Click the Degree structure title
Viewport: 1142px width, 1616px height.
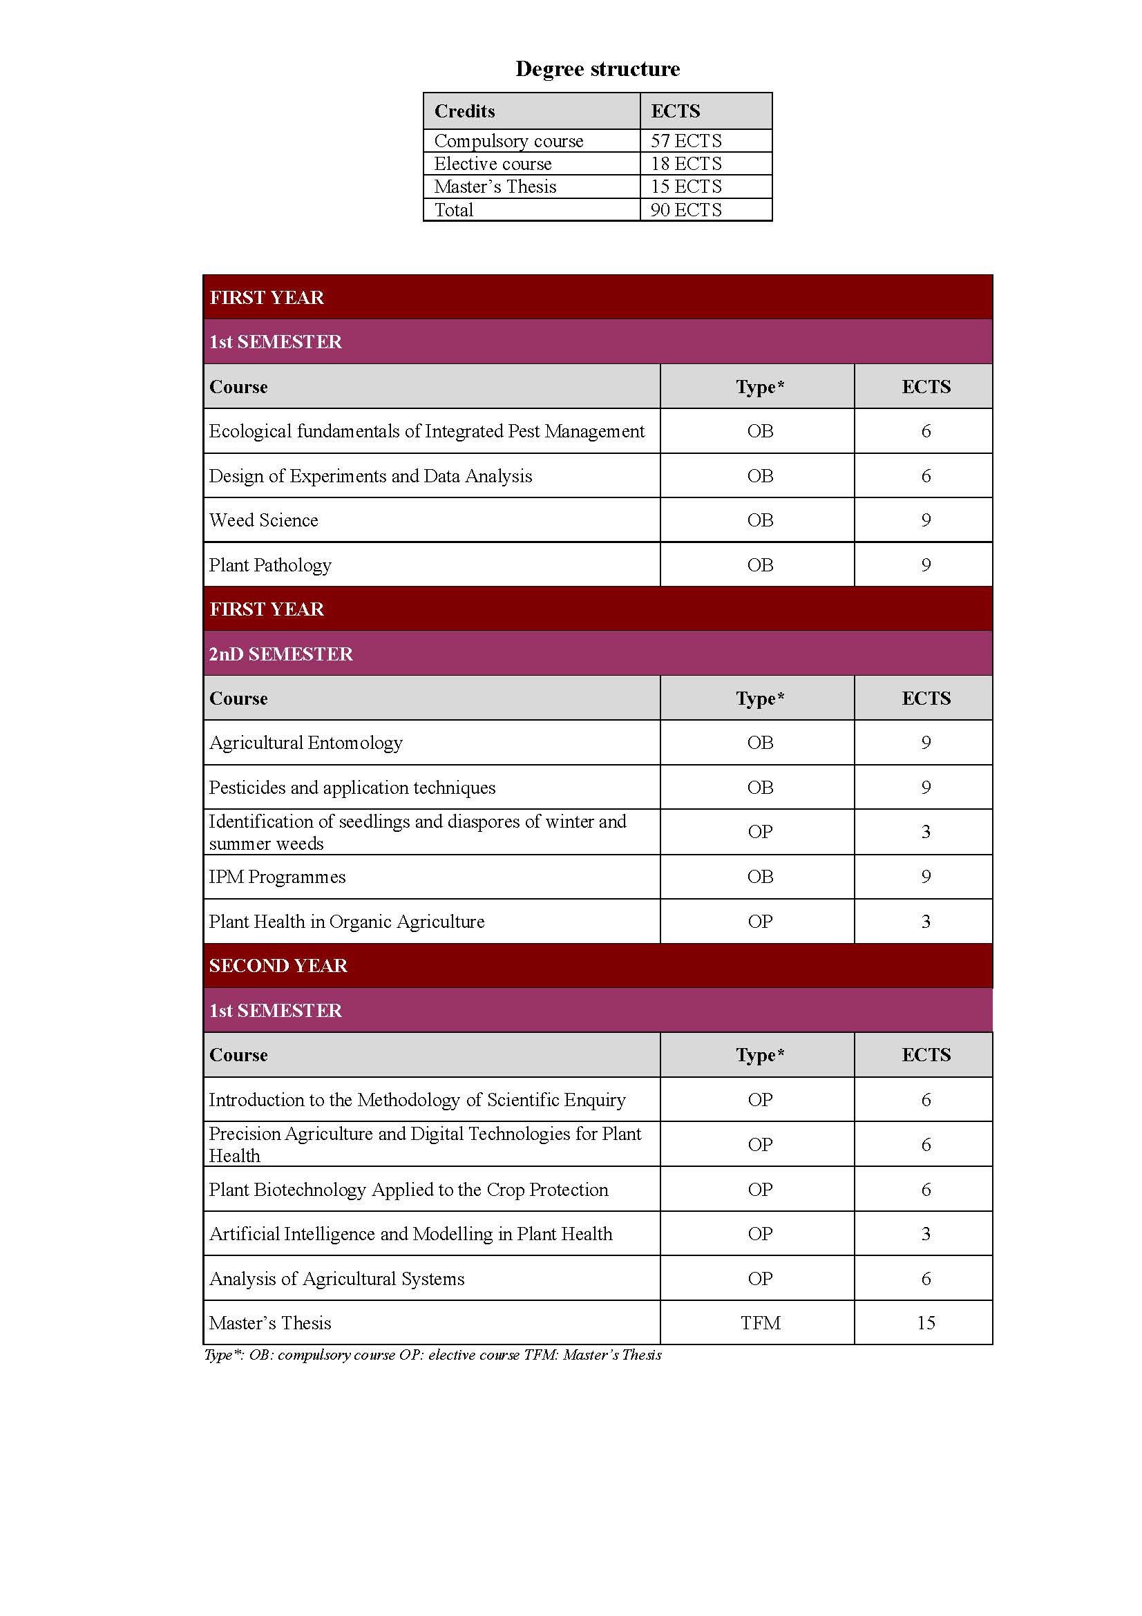598,69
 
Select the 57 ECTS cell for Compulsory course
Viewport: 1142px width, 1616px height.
686,141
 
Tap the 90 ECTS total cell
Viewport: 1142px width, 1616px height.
686,210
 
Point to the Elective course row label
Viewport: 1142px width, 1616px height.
493,164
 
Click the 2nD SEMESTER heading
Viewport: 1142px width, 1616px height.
280,654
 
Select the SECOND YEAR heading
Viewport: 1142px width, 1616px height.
278,965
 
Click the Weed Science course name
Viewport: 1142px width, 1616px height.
264,520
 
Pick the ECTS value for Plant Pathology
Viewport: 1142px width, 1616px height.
925,565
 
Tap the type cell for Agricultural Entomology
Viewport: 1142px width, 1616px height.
760,743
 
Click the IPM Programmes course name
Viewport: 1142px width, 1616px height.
277,877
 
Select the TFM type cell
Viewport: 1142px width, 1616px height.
760,1323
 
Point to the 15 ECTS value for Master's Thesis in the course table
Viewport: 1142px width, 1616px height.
925,1323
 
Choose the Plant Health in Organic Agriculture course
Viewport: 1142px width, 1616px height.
347,922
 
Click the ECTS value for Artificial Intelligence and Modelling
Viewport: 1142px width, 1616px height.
925,1234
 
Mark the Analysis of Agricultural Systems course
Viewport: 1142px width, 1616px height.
337,1279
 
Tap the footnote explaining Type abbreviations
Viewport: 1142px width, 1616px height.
432,1355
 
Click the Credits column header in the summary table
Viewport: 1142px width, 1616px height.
464,111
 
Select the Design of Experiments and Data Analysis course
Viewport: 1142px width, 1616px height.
371,477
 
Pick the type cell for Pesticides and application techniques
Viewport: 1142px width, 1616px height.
760,788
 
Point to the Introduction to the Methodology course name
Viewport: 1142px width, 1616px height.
417,1100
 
